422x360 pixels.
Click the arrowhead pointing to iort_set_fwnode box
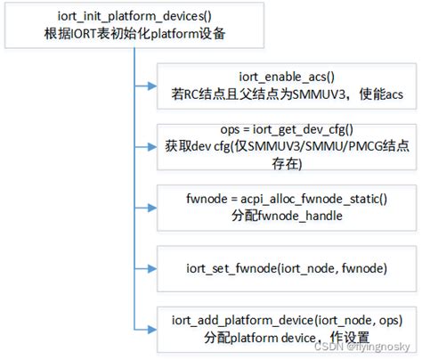(x=151, y=266)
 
